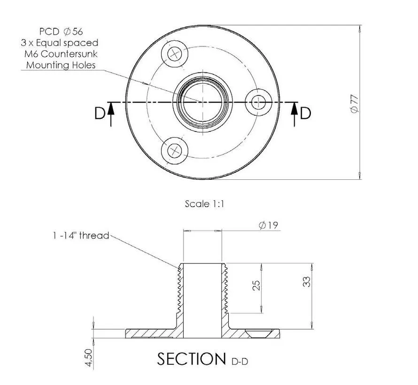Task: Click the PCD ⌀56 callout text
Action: click(61, 31)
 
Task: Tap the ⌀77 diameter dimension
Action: click(355, 104)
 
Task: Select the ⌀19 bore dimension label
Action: click(268, 225)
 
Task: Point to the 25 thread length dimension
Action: click(256, 285)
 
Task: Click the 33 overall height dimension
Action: click(307, 282)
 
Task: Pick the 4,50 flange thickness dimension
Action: click(89, 358)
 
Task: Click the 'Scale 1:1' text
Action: click(204, 204)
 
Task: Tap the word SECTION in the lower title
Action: click(192, 359)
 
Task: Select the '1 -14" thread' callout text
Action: click(81, 236)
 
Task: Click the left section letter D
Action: click(100, 113)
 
